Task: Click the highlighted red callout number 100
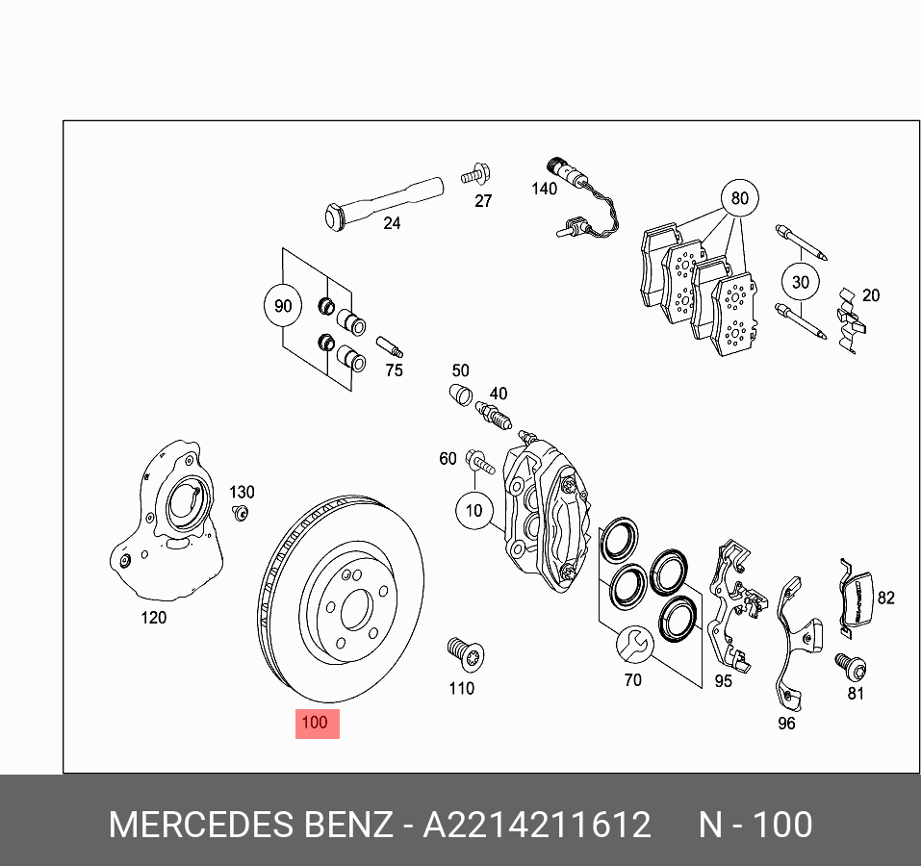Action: (x=316, y=723)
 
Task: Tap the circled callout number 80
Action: (x=738, y=199)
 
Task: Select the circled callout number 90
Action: (x=282, y=307)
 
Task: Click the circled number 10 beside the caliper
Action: (x=473, y=510)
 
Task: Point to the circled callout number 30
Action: (x=800, y=283)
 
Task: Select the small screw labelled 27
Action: (x=475, y=176)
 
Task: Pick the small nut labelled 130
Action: (x=242, y=512)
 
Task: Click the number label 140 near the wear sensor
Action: (x=544, y=189)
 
